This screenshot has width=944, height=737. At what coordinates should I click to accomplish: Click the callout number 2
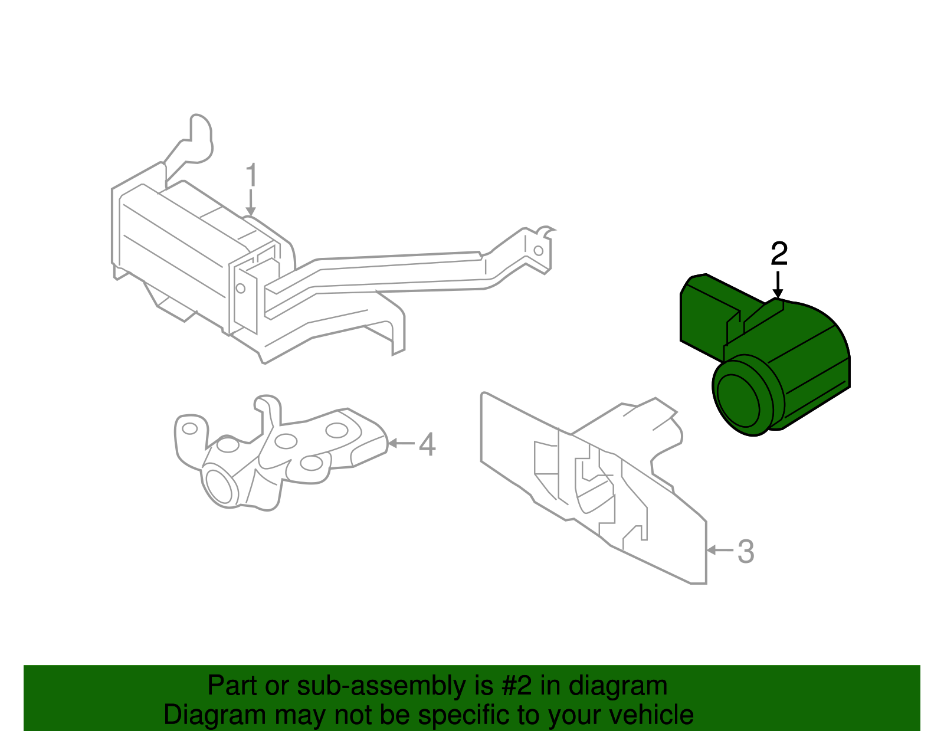[779, 254]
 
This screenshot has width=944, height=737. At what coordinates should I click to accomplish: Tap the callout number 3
[746, 552]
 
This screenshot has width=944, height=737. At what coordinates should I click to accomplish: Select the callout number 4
[427, 444]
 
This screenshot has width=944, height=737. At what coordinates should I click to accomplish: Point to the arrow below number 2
[778, 285]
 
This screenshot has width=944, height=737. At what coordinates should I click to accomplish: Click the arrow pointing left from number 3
[720, 550]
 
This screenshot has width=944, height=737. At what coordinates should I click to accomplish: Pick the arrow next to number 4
[402, 443]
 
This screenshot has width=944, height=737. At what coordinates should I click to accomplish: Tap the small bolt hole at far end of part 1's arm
[538, 250]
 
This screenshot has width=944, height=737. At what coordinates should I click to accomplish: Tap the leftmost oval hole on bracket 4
[189, 428]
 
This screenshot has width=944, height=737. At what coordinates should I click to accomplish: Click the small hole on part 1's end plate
[240, 289]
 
